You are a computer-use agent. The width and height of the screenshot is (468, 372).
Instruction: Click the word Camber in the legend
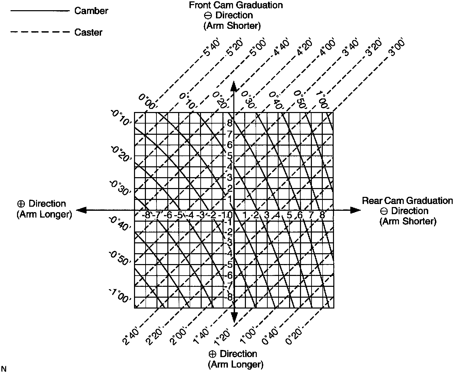[x=91, y=11]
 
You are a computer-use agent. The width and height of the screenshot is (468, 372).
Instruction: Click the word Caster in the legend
[x=88, y=32]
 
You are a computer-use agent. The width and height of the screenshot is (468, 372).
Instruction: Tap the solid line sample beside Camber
[x=40, y=11]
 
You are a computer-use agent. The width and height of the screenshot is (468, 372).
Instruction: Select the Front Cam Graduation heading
[x=236, y=5]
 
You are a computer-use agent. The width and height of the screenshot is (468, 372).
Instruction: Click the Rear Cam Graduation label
[x=407, y=201]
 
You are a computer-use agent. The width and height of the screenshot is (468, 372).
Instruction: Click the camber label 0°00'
[x=147, y=101]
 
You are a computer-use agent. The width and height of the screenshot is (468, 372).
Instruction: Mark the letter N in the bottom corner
[x=4, y=368]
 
